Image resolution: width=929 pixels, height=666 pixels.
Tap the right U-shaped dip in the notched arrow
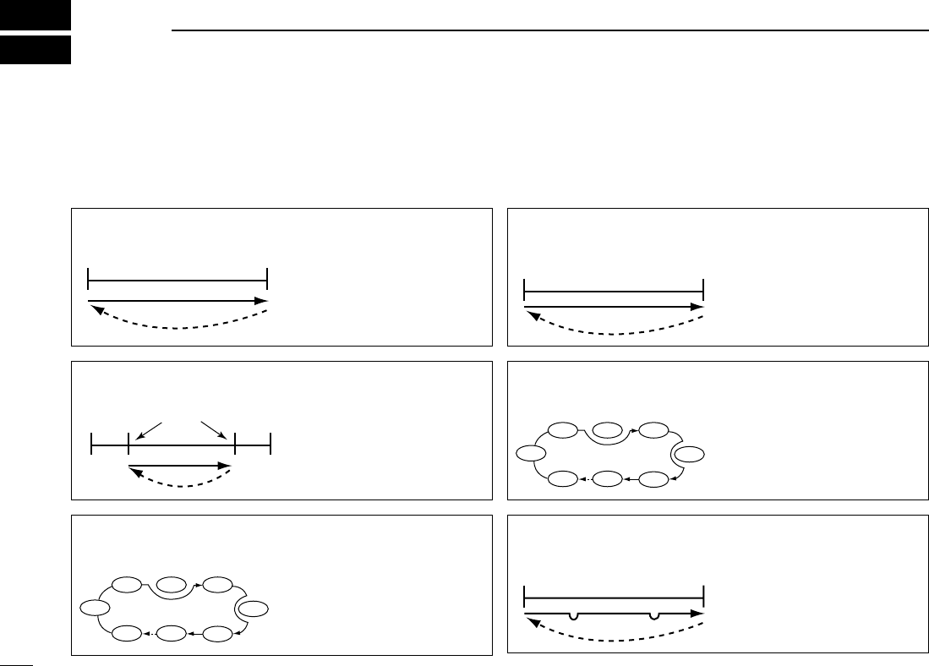coord(653,617)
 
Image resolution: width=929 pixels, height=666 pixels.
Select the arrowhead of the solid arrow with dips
coord(698,614)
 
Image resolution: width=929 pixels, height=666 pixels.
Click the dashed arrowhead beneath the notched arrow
coord(529,623)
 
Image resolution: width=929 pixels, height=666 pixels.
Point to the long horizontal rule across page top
coord(549,31)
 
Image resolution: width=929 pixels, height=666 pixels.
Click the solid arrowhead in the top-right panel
coord(698,307)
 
